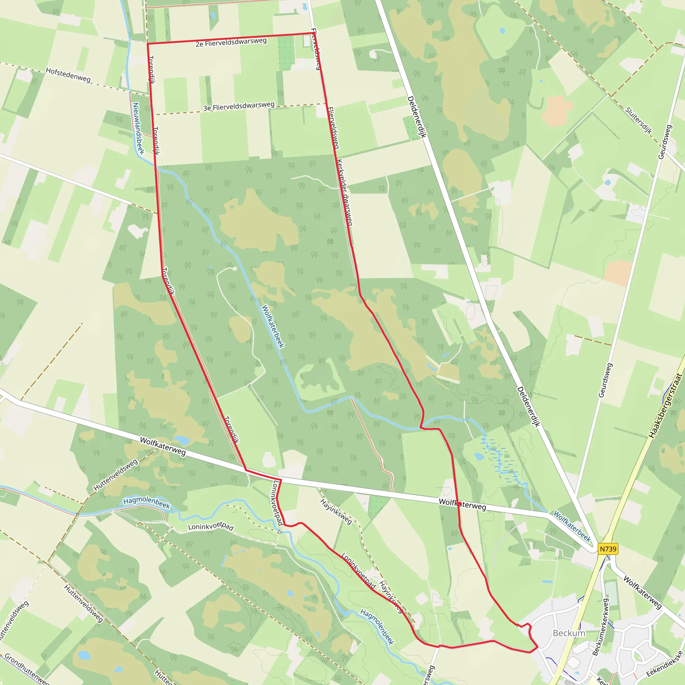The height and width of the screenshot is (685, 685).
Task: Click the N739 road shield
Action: click(608, 549)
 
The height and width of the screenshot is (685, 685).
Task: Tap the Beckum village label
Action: click(569, 633)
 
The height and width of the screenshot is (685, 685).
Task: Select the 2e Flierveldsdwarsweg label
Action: click(231, 42)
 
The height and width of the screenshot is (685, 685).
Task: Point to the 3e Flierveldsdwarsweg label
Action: click(238, 106)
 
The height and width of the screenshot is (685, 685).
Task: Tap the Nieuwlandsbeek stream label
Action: click(138, 128)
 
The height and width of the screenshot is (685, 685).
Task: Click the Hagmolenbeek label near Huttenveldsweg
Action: click(147, 503)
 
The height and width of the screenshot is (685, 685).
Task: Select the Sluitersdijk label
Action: click(638, 120)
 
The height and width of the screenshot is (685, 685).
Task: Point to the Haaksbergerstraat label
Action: click(665, 406)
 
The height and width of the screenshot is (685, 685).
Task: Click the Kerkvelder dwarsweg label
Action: click(344, 193)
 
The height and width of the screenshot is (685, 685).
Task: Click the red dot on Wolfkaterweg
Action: click(460, 504)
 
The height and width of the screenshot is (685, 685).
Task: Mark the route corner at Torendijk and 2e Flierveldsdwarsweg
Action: click(148, 44)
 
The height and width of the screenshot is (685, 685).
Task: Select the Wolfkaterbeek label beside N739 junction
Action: click(572, 526)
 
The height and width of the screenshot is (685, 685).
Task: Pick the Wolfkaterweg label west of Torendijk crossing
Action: click(163, 446)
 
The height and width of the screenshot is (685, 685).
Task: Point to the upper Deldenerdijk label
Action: click(417, 117)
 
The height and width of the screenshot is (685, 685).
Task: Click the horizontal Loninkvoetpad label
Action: click(211, 526)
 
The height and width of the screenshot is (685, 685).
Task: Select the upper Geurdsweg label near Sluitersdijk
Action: click(665, 142)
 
